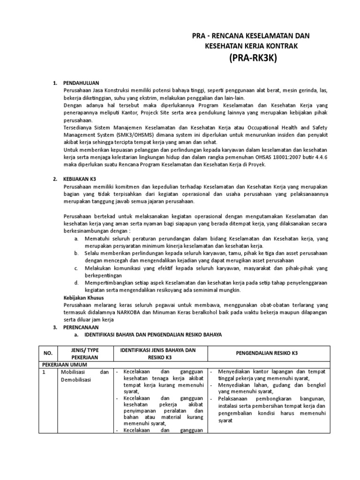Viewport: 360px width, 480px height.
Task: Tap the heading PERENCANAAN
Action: coord(81,327)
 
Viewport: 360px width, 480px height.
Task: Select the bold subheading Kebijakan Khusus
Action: coord(83,298)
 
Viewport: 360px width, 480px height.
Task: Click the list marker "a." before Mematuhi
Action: coord(76,239)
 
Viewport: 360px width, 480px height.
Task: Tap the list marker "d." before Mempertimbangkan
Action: coord(76,283)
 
